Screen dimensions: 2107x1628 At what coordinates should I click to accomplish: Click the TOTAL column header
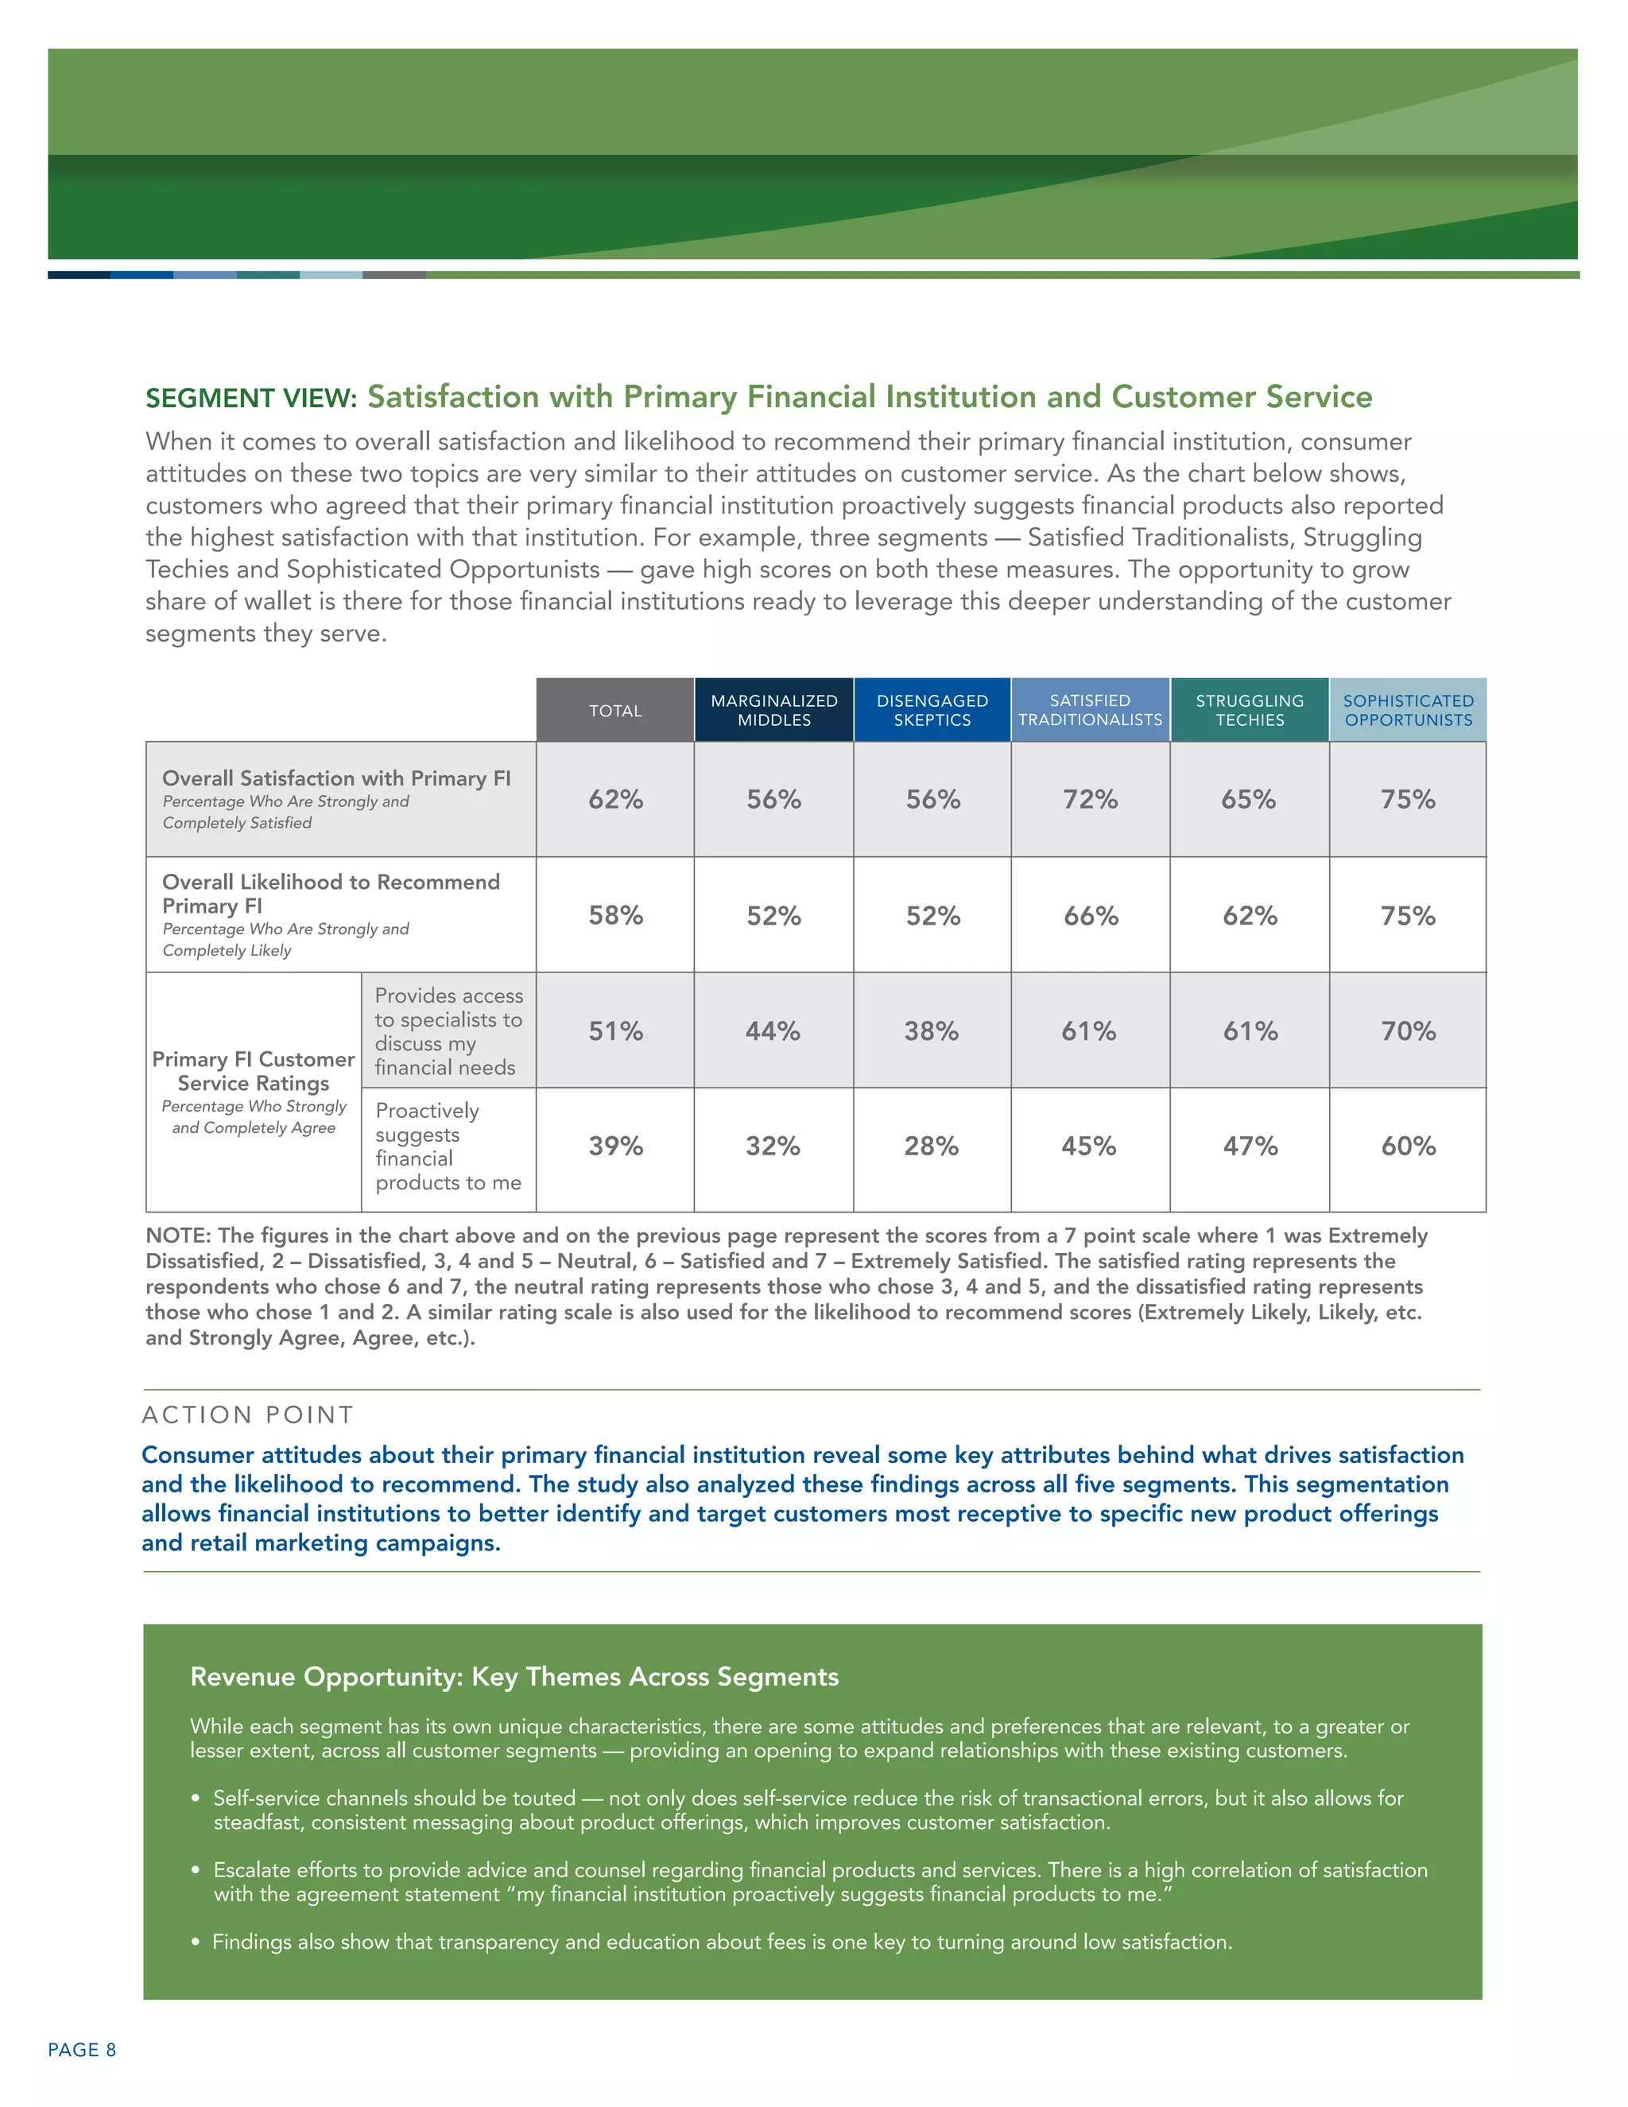click(615, 711)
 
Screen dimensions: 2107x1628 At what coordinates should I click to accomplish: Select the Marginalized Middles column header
click(773, 711)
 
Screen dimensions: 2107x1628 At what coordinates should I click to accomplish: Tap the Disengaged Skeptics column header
click(932, 711)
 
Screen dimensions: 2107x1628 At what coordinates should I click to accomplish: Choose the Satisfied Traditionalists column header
click(1090, 711)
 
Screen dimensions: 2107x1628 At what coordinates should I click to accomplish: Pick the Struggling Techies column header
click(1249, 711)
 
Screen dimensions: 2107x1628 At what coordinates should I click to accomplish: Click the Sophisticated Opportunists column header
click(1408, 711)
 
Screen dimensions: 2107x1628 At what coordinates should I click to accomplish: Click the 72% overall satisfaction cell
click(1090, 800)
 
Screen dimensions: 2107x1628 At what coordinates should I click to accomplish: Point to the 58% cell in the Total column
click(615, 915)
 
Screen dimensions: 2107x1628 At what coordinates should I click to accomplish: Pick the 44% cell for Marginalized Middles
click(773, 1031)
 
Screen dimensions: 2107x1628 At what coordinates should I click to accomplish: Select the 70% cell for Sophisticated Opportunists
click(1408, 1031)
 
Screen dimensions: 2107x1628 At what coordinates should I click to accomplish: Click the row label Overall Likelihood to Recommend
click(331, 894)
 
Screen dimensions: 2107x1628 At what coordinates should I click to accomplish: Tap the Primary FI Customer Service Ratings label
click(254, 1071)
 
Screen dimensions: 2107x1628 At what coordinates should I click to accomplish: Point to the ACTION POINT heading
click(248, 1415)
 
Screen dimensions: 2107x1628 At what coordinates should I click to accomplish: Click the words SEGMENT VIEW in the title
click(250, 398)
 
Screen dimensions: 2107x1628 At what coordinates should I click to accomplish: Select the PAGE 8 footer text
click(82, 2050)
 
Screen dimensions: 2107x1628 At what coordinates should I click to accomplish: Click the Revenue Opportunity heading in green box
click(514, 1677)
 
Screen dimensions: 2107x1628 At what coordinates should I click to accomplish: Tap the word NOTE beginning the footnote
click(177, 1236)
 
